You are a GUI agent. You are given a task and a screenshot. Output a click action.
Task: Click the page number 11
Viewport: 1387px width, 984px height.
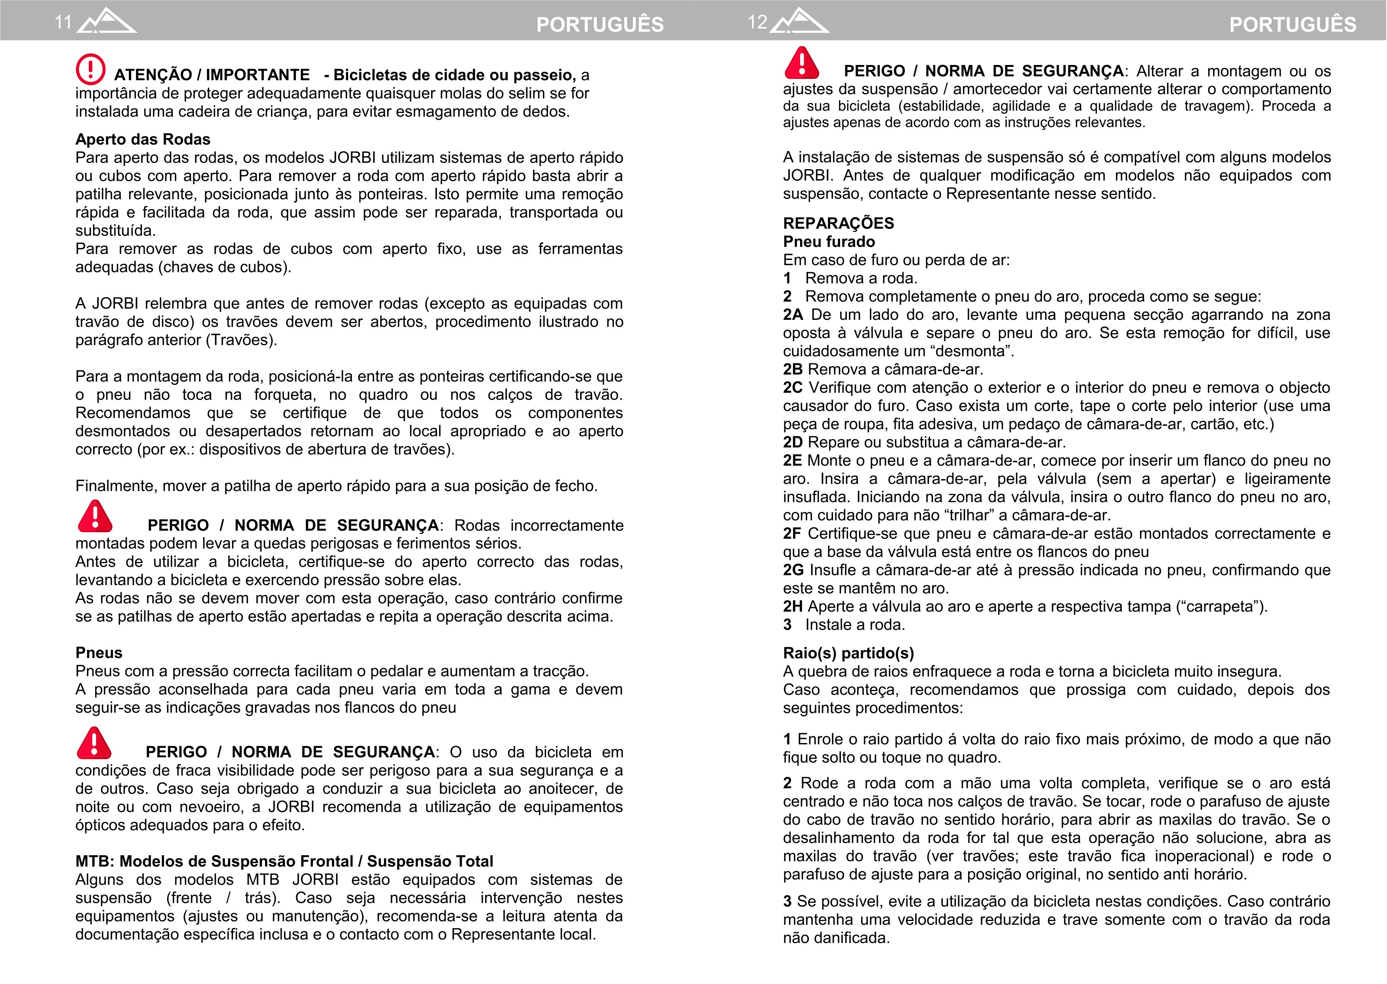click(x=63, y=23)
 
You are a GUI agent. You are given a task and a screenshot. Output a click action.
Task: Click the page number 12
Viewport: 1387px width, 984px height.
click(x=757, y=23)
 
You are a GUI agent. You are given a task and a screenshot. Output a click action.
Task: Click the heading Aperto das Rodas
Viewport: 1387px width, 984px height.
click(x=142, y=139)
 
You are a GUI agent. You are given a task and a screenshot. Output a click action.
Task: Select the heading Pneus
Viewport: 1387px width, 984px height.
click(x=99, y=653)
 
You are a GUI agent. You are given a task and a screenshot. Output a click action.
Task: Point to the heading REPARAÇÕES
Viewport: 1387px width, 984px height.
click(x=838, y=223)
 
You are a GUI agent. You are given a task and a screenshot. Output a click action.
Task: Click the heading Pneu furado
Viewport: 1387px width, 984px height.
click(x=828, y=242)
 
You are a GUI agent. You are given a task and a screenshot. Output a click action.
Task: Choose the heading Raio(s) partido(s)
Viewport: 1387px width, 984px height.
click(x=848, y=653)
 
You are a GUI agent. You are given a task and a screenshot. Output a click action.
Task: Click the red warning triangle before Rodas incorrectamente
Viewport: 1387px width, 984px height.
click(x=95, y=516)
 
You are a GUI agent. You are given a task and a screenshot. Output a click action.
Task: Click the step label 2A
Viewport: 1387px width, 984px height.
click(x=793, y=315)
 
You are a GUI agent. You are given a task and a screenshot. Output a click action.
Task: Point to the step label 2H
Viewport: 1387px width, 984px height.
click(x=793, y=606)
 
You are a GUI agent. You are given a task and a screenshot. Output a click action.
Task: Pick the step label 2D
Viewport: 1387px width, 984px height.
click(x=793, y=442)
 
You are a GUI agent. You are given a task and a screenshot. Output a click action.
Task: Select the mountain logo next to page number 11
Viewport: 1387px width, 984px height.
click(x=107, y=21)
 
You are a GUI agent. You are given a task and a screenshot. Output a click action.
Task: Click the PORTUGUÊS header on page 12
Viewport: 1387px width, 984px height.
click(x=1292, y=24)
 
